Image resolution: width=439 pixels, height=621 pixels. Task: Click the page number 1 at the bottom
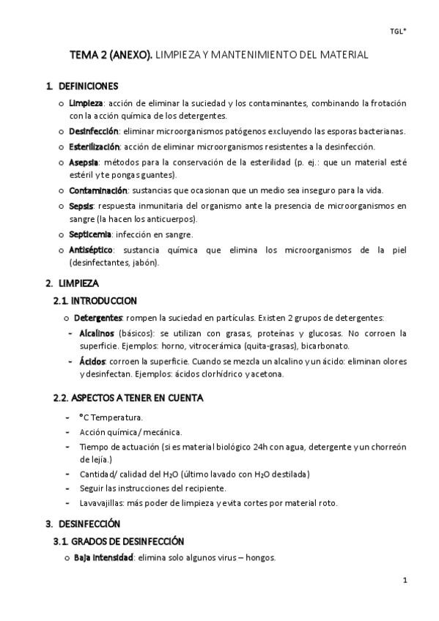click(x=405, y=581)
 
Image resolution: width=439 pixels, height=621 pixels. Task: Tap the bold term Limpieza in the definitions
click(x=86, y=103)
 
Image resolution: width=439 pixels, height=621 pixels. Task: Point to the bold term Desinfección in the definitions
click(x=94, y=131)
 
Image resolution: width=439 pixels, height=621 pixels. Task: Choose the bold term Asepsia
click(x=84, y=162)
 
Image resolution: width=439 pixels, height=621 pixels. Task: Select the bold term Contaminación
click(x=95, y=190)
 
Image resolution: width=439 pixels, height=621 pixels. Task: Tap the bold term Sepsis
click(x=82, y=206)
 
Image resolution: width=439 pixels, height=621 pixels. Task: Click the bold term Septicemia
click(x=90, y=234)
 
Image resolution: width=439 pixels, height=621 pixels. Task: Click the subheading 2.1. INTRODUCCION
click(x=95, y=300)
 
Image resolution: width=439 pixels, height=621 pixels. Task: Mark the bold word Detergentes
click(x=97, y=318)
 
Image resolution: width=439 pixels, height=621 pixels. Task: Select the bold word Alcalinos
click(x=97, y=332)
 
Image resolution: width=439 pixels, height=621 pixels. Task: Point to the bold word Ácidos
click(x=92, y=361)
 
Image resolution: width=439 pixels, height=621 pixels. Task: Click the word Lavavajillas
click(x=103, y=502)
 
